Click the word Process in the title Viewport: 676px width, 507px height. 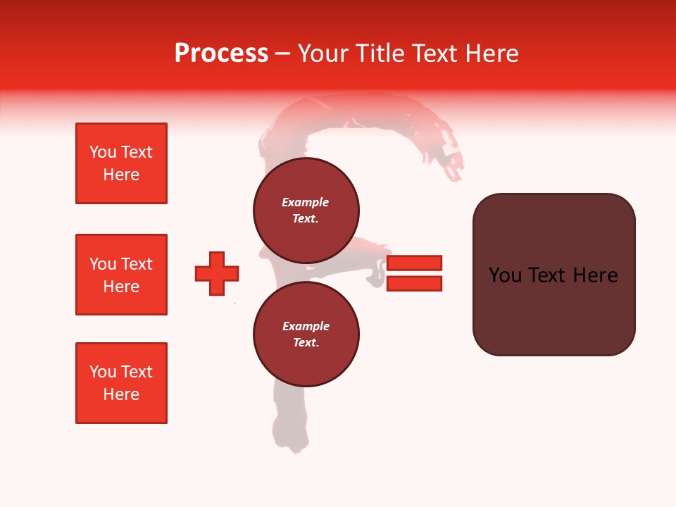[x=221, y=54]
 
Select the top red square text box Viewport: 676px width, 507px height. [x=121, y=163]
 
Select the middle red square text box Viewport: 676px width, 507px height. [x=121, y=275]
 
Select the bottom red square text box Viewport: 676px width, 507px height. [x=121, y=383]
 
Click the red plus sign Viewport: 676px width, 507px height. [x=217, y=273]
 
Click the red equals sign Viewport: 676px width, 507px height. [x=414, y=273]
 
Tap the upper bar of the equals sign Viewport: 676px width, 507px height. [x=414, y=263]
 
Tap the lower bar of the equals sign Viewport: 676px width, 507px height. [x=414, y=284]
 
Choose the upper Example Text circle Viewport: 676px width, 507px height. [x=306, y=210]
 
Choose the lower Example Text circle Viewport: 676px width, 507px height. [x=306, y=334]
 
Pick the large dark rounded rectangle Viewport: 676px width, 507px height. [x=553, y=275]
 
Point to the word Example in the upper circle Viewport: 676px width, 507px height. [x=306, y=202]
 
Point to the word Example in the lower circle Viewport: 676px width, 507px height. [x=306, y=326]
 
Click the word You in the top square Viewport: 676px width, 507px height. [x=103, y=152]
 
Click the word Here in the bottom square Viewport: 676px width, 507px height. [x=121, y=394]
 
